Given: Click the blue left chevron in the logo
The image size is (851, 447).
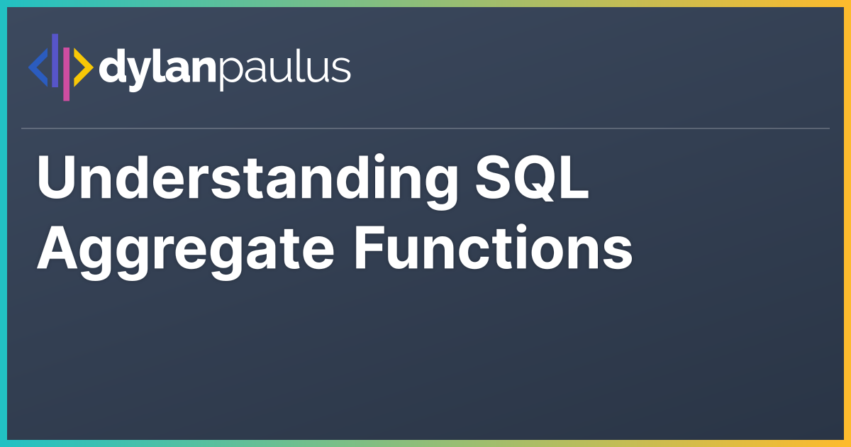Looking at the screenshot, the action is (38, 67).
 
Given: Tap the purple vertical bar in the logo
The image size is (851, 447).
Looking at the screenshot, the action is (55, 60).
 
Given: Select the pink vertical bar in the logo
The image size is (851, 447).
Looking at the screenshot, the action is (66, 74).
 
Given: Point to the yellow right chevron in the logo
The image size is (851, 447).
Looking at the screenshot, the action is (83, 67).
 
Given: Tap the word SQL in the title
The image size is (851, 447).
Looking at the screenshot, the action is (532, 178).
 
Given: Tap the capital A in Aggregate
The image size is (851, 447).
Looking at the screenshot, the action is (57, 248).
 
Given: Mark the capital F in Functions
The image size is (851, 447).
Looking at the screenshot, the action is (370, 248).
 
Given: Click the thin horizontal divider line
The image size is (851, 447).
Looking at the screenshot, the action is (425, 128).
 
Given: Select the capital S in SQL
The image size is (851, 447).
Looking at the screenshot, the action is (492, 177).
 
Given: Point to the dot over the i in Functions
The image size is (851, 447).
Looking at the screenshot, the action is (521, 230).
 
